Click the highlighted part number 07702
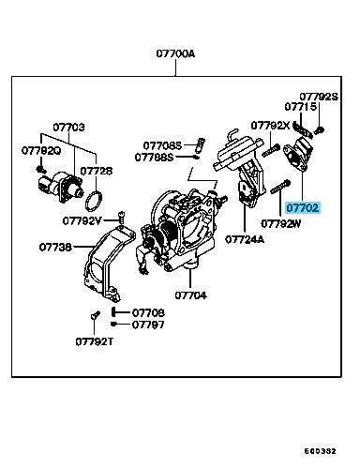click(302, 207)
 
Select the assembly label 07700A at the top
click(175, 53)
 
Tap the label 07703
click(68, 128)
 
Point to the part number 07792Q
click(41, 150)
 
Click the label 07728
click(97, 171)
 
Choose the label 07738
click(55, 247)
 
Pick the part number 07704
click(190, 295)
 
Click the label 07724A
click(245, 239)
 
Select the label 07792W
click(280, 223)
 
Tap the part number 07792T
click(94, 341)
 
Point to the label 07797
click(148, 325)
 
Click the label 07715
click(301, 107)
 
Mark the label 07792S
click(319, 97)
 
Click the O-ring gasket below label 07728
click(94, 201)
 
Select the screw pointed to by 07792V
click(121, 218)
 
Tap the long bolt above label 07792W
click(280, 187)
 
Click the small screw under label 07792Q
click(41, 170)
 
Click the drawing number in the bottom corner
click(320, 451)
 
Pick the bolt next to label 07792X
click(271, 151)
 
